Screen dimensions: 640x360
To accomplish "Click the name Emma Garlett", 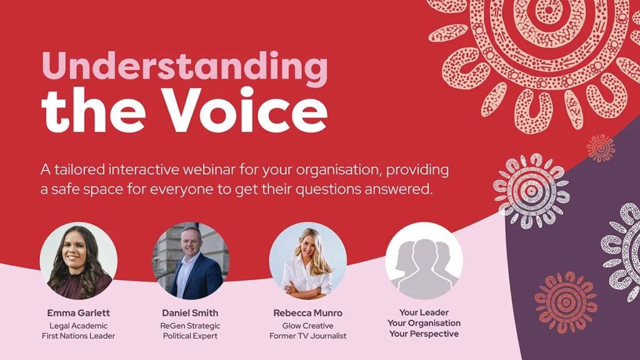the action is pyautogui.click(x=78, y=313).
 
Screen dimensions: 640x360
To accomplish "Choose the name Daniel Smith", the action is pyautogui.click(x=190, y=313).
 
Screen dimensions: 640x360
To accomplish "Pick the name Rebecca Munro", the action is pyautogui.click(x=307, y=313).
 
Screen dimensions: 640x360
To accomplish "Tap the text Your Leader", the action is pyautogui.click(x=424, y=312).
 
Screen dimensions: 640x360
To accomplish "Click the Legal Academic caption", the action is pyautogui.click(x=78, y=326).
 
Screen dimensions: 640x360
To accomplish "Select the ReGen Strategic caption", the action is pyautogui.click(x=190, y=326).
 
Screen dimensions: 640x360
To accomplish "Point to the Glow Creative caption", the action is pyautogui.click(x=307, y=326).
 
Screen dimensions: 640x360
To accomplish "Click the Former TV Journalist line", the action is pyautogui.click(x=307, y=336).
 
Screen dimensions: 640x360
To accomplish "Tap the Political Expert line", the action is pyautogui.click(x=190, y=336).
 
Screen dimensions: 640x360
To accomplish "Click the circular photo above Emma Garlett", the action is pyautogui.click(x=78, y=261).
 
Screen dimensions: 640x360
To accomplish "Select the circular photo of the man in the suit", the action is pyautogui.click(x=191, y=261).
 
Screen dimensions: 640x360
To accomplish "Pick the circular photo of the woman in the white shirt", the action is pyautogui.click(x=307, y=261).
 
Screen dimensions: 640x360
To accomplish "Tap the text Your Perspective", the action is pyautogui.click(x=424, y=334).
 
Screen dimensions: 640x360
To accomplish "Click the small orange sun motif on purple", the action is pyautogui.click(x=601, y=147).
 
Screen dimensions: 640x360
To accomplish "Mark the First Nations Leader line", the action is pyautogui.click(x=78, y=336).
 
